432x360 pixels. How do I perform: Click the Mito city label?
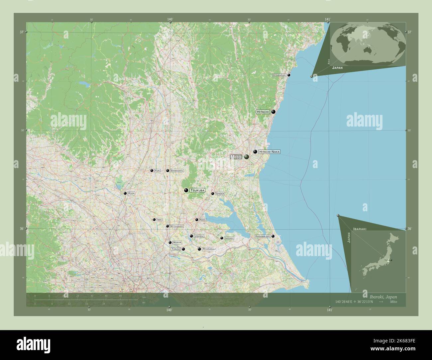236,157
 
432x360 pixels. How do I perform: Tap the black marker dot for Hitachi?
273,112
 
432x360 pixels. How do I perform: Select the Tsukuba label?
197,190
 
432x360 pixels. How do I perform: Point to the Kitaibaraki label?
279,75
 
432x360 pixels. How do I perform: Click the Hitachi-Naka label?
269,152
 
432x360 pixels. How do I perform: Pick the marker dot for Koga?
125,193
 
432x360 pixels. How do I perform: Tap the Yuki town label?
157,171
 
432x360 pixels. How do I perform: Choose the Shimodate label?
176,171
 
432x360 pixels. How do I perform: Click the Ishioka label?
220,193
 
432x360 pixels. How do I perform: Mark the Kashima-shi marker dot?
273,236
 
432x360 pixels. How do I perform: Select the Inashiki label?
229,238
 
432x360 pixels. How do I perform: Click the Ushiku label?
199,236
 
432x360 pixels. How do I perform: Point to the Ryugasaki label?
209,249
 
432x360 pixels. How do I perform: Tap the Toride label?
176,249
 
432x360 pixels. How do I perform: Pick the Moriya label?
177,243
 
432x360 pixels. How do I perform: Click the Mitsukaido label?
176,226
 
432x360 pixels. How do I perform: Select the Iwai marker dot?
154,220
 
